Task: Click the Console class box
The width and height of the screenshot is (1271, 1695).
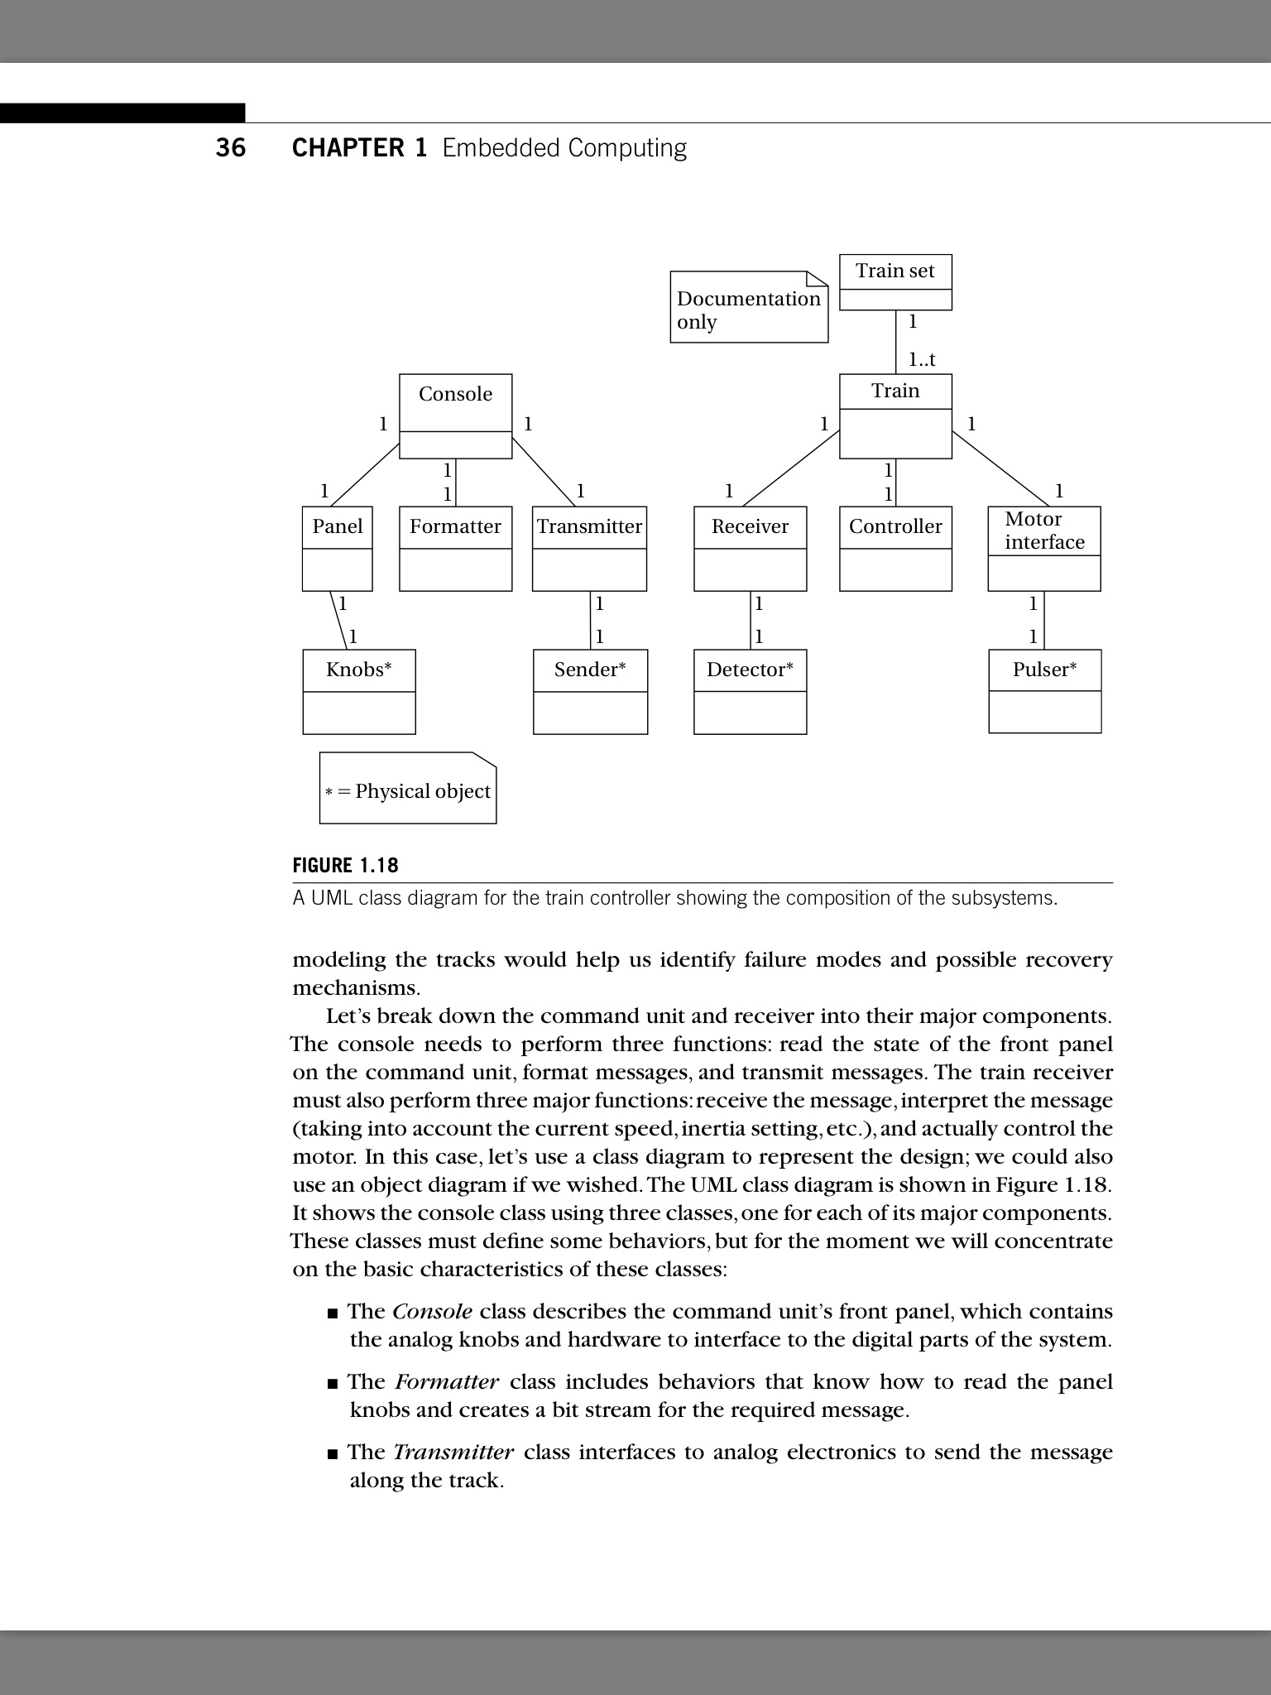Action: click(455, 415)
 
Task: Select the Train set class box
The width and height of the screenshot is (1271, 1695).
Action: click(895, 281)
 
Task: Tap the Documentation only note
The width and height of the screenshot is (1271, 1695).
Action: click(748, 308)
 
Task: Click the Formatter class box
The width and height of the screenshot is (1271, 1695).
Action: click(455, 548)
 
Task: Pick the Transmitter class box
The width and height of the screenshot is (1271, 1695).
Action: click(589, 548)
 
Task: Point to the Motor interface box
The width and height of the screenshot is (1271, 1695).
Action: click(1044, 548)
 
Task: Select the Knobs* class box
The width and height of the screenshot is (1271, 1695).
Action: click(358, 691)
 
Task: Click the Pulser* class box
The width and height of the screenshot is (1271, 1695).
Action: click(1044, 691)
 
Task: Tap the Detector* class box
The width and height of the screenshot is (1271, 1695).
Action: click(750, 691)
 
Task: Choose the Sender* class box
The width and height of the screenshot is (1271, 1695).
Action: click(590, 691)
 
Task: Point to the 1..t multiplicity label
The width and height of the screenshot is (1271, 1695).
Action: click(921, 359)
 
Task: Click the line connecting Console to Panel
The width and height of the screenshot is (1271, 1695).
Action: click(364, 475)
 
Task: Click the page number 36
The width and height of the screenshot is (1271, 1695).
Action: click(231, 148)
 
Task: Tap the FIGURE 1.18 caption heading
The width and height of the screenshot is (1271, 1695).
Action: click(345, 866)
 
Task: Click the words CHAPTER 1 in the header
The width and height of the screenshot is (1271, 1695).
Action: click(359, 148)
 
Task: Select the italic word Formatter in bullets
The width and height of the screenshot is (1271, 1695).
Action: click(447, 1382)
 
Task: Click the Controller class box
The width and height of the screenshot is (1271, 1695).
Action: click(895, 548)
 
